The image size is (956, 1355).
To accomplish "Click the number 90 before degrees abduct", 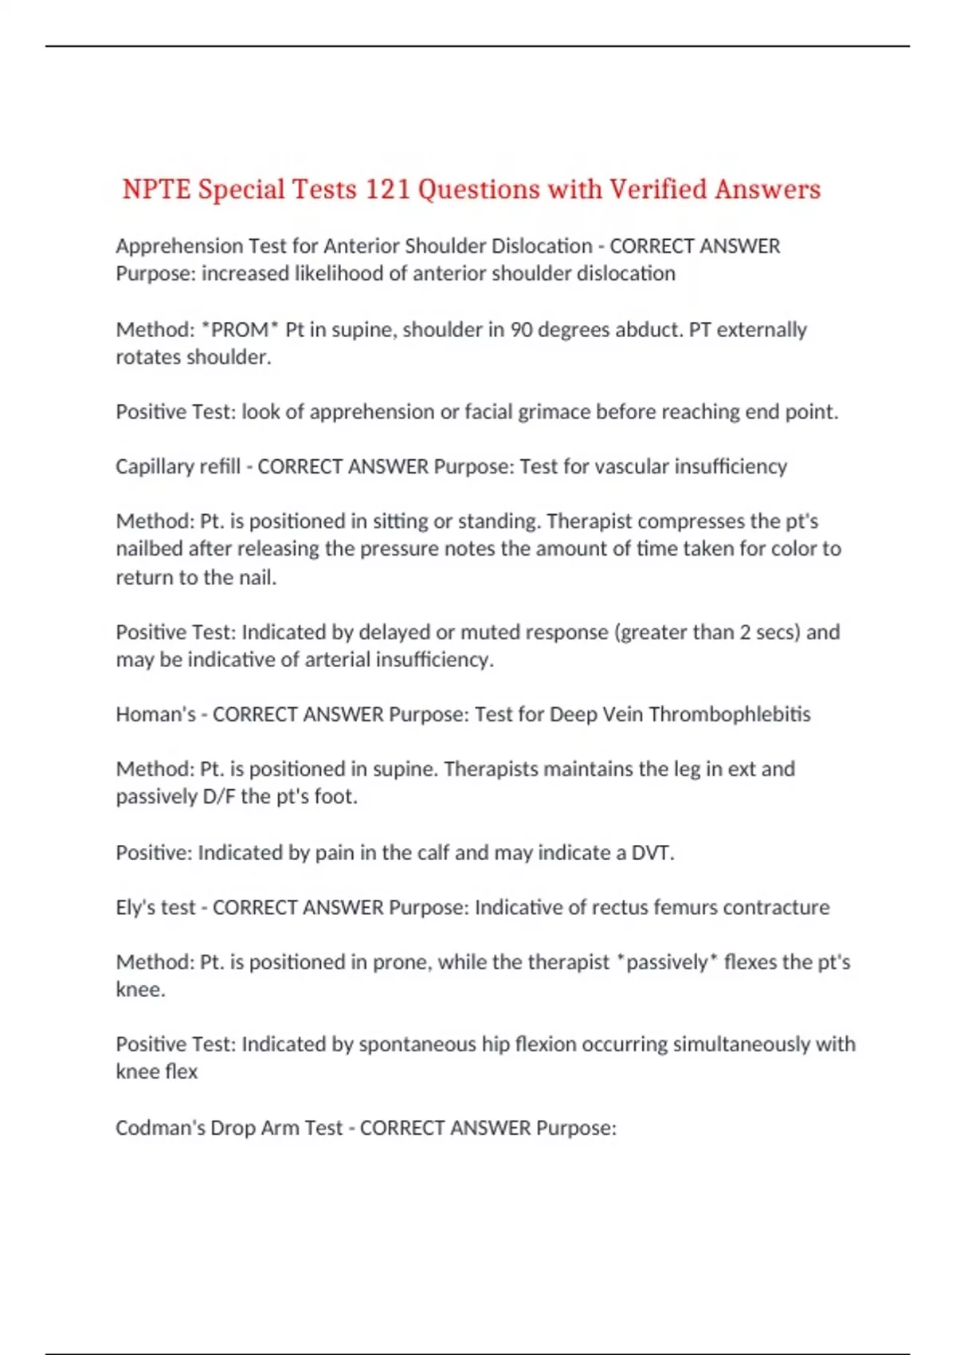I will point(522,329).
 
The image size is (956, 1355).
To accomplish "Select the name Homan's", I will point(155,714).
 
